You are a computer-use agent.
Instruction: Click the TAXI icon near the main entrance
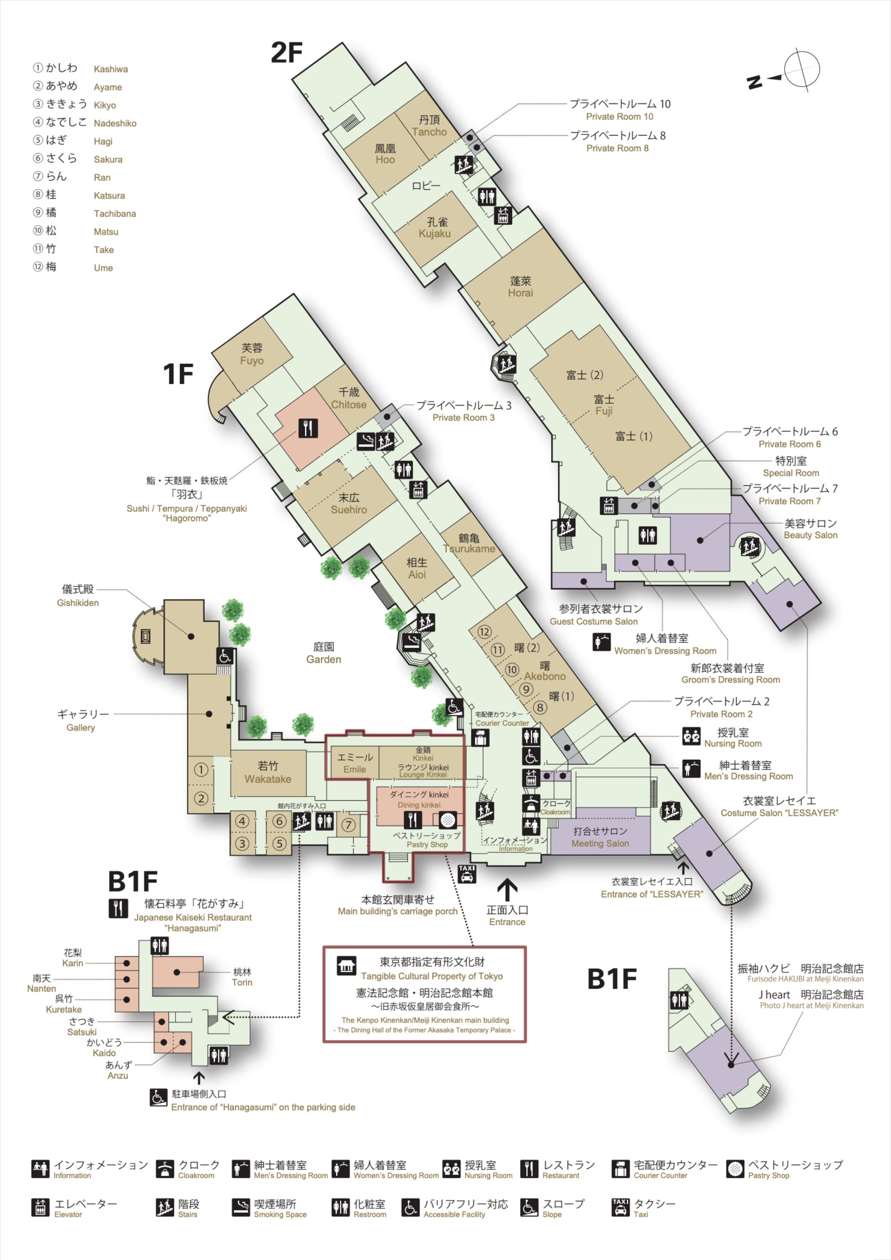(466, 874)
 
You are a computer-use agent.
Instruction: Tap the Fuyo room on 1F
(252, 355)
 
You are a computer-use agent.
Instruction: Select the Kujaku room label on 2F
(434, 228)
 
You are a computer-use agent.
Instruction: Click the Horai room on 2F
(520, 287)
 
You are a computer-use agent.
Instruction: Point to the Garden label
(324, 653)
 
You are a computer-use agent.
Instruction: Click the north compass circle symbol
(802, 70)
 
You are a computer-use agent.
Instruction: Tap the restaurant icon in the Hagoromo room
(308, 428)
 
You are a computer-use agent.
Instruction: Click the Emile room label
(354, 763)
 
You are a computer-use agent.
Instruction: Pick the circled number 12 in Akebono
(484, 632)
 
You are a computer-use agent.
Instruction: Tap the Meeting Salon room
(600, 837)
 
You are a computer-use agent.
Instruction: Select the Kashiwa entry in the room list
(85, 69)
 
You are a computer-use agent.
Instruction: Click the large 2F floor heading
(286, 53)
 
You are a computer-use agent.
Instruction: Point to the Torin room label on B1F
(242, 977)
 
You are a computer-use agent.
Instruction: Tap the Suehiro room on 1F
(348, 504)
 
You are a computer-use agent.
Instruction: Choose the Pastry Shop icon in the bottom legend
(735, 1169)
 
